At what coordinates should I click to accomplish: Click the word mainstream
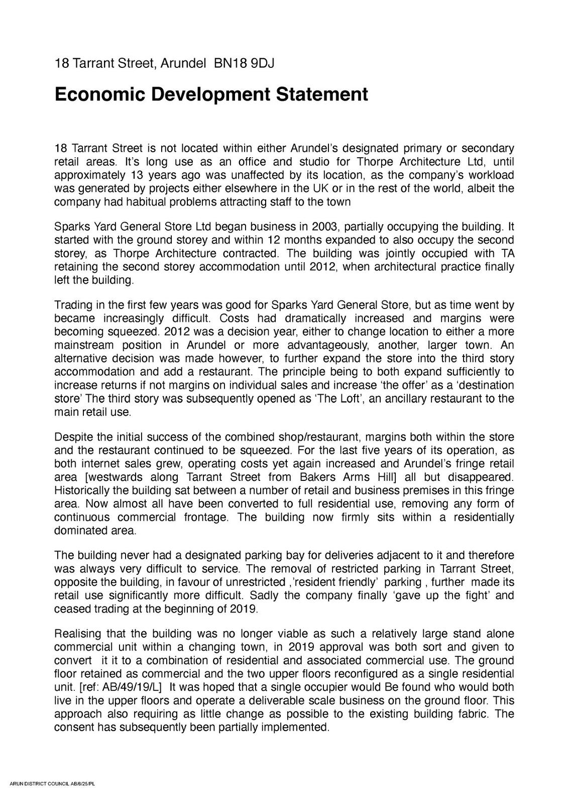click(x=83, y=346)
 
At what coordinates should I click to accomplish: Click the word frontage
click(x=206, y=518)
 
